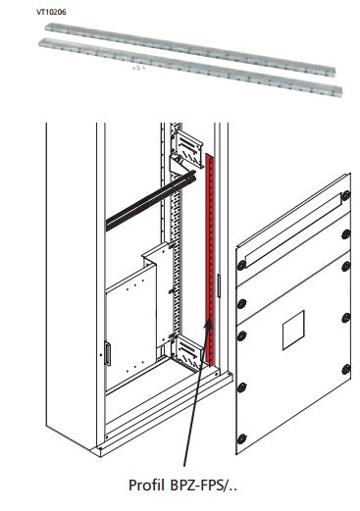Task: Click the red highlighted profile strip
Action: tap(208, 245)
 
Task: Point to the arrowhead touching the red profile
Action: tap(206, 323)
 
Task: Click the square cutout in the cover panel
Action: tap(294, 334)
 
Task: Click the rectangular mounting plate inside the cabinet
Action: tap(128, 319)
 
